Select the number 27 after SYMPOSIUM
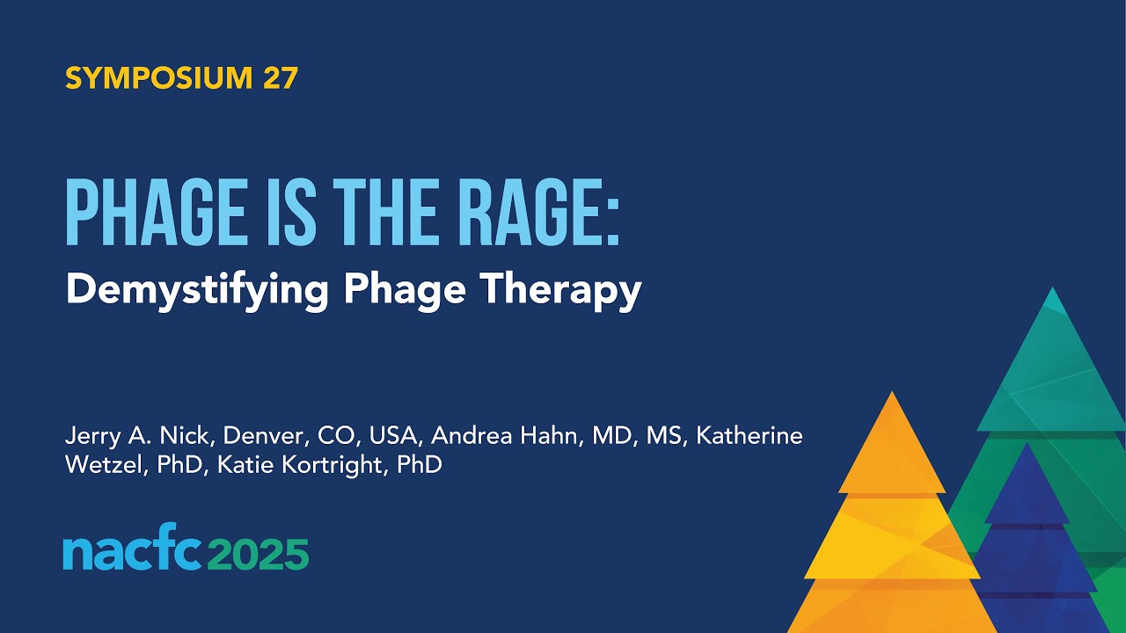(280, 78)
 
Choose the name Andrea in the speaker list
(462, 436)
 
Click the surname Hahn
(547, 436)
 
